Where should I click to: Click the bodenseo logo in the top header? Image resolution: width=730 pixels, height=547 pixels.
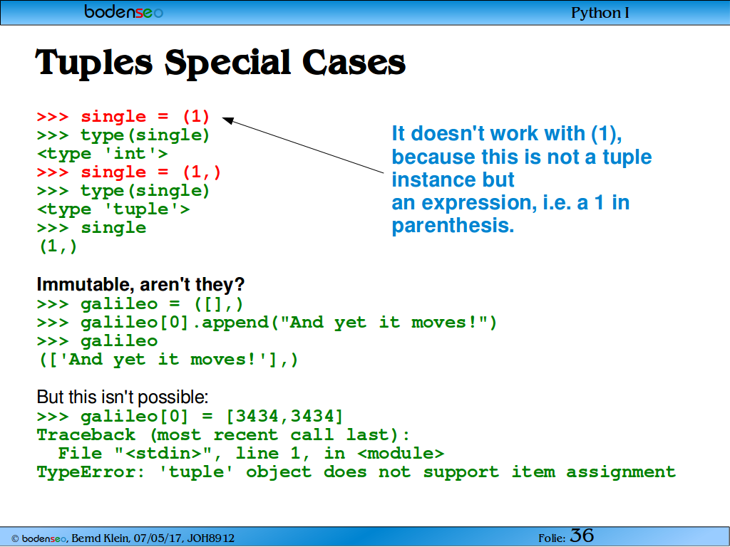[x=123, y=11]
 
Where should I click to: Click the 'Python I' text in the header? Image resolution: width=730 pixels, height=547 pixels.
[x=600, y=13]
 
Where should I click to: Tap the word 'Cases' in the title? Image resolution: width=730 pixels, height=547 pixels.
[x=354, y=63]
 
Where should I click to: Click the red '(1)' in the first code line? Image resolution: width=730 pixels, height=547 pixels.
[x=197, y=116]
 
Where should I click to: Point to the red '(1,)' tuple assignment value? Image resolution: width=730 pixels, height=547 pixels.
[x=202, y=172]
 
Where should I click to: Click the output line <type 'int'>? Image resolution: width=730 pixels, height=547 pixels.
[x=102, y=154]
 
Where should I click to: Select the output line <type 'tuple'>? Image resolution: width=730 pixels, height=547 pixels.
[x=113, y=209]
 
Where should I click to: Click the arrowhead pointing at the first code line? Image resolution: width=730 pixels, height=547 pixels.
[x=227, y=120]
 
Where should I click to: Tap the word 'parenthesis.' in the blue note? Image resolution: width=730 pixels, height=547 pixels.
[x=453, y=226]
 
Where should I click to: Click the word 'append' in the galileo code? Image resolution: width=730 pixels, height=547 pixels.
[x=235, y=323]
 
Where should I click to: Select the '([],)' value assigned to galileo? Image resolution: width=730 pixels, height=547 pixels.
[x=218, y=304]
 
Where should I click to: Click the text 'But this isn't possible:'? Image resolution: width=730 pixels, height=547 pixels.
[x=123, y=397]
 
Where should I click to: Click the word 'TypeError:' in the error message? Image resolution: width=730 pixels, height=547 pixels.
[x=91, y=472]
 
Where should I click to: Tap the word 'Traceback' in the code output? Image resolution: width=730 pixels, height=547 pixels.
[x=86, y=435]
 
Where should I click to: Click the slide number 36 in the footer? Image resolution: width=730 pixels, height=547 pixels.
[x=582, y=536]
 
